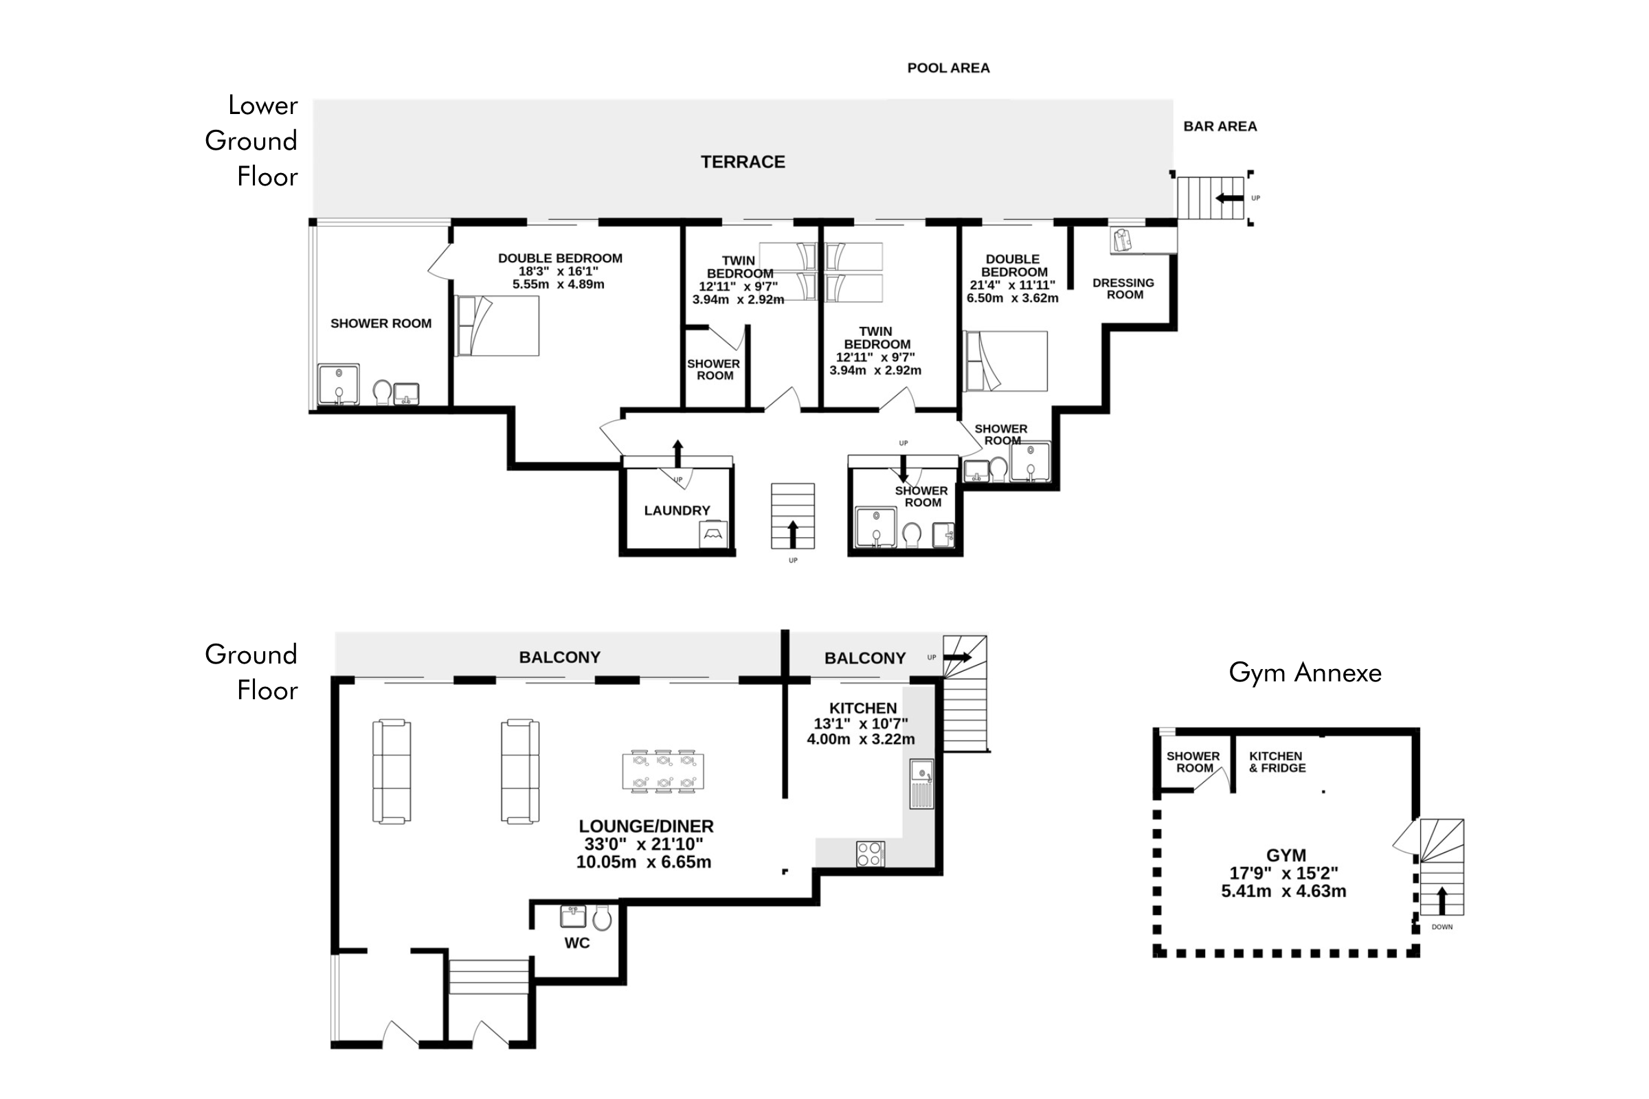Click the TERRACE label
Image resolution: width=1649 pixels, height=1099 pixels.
743,162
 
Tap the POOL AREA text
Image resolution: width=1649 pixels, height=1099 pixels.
948,68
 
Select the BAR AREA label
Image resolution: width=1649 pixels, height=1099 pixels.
1220,126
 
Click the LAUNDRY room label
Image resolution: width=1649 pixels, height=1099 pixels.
677,510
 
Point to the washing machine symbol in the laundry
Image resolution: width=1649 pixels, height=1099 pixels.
713,535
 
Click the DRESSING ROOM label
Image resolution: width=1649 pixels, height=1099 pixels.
1123,288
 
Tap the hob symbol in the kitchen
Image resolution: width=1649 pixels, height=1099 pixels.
869,854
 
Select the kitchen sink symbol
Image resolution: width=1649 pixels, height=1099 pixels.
921,783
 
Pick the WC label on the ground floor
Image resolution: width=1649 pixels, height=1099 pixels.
577,942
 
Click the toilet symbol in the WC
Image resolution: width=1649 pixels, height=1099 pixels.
602,917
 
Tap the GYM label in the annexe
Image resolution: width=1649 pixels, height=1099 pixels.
1286,855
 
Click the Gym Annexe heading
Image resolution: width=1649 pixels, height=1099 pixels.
1305,673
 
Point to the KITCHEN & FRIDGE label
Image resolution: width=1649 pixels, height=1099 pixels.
1277,762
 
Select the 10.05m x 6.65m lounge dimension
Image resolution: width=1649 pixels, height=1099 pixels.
644,862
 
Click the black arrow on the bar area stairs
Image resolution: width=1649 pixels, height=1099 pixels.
1229,199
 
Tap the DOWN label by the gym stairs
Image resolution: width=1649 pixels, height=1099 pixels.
1442,927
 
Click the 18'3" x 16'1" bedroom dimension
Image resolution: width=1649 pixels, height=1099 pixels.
559,271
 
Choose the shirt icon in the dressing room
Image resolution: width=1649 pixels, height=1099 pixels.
1123,240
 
